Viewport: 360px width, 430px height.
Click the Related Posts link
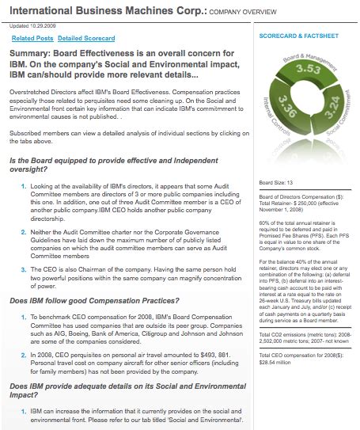(32, 38)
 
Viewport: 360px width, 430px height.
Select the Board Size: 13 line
(278, 183)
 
